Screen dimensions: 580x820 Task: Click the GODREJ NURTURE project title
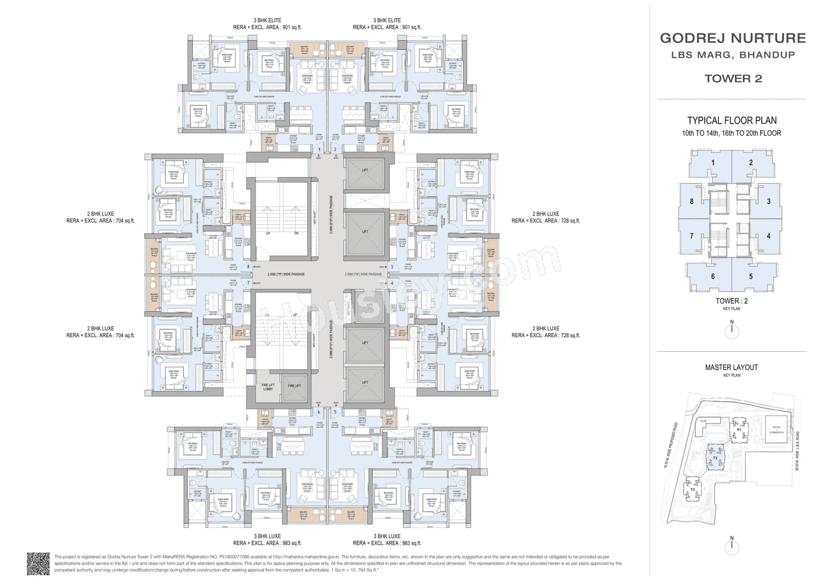(732, 38)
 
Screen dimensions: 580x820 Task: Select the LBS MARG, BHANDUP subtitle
(732, 55)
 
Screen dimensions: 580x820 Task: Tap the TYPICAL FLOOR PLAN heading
(732, 120)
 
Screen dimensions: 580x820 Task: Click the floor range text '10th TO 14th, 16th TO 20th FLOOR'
(732, 133)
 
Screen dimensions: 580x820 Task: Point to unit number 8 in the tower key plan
(692, 201)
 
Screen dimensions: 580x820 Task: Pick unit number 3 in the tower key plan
(768, 201)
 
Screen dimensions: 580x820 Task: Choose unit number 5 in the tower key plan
(751, 277)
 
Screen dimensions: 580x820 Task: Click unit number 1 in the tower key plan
(712, 163)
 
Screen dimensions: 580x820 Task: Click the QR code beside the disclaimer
(38, 564)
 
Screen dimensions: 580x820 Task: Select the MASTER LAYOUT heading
(732, 367)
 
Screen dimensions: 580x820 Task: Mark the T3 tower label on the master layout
(693, 490)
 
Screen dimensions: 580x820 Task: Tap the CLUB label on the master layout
(703, 422)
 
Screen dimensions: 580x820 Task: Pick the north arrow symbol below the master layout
(731, 547)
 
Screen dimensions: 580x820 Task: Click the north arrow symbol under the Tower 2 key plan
(731, 330)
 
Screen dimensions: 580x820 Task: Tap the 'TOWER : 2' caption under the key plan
(731, 301)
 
